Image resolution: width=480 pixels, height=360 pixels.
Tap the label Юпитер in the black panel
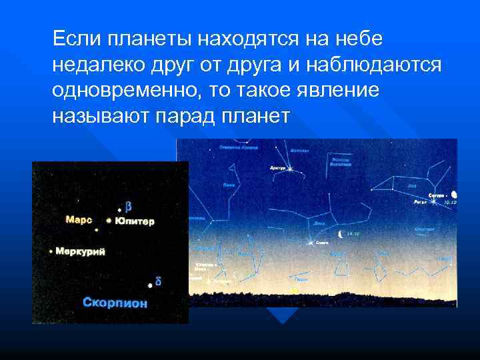134,221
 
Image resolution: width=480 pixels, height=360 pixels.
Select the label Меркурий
80,251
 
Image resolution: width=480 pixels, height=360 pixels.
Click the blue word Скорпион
115,303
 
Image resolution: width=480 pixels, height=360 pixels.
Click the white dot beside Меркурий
51,251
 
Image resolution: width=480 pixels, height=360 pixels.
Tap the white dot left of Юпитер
109,220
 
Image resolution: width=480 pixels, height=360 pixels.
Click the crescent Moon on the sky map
341,233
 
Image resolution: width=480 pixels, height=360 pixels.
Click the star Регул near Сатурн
433,200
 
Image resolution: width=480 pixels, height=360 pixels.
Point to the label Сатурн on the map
437,195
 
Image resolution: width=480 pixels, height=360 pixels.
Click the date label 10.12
451,201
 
